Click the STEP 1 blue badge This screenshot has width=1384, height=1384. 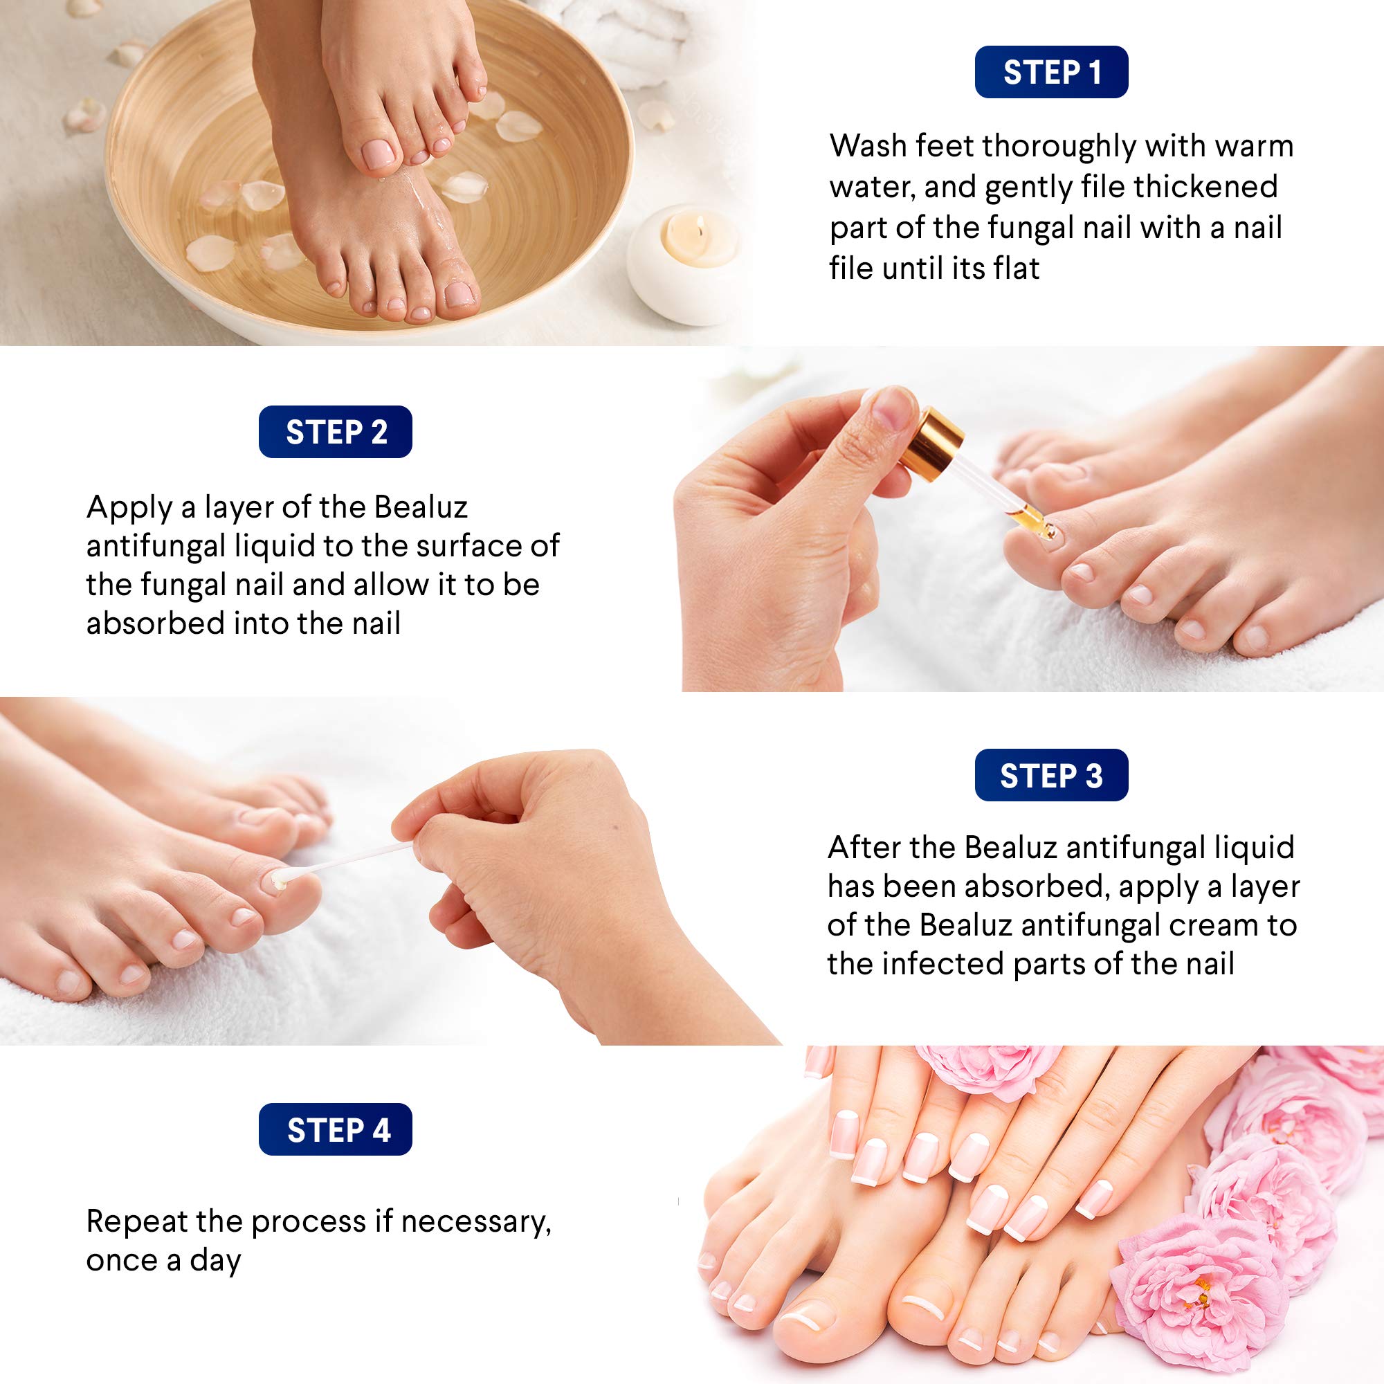click(1051, 73)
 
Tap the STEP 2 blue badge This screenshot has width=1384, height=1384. click(335, 432)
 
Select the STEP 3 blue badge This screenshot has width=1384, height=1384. click(1051, 776)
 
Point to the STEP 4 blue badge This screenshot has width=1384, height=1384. click(335, 1131)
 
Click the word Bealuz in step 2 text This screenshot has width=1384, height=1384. click(421, 508)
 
